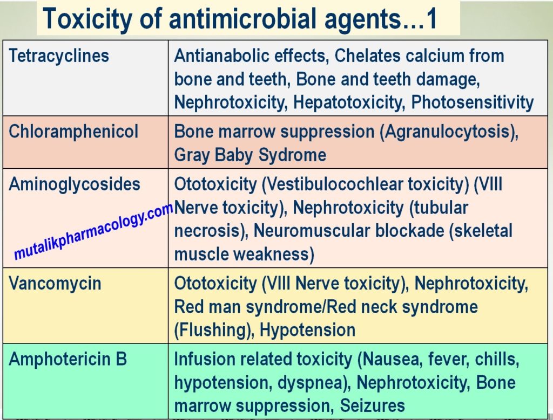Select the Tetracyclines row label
tap(59, 56)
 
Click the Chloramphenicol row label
tap(73, 132)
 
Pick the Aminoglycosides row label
tap(75, 184)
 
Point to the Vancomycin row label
tap(55, 284)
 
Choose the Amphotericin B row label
tap(68, 360)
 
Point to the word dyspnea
tap(312, 383)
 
